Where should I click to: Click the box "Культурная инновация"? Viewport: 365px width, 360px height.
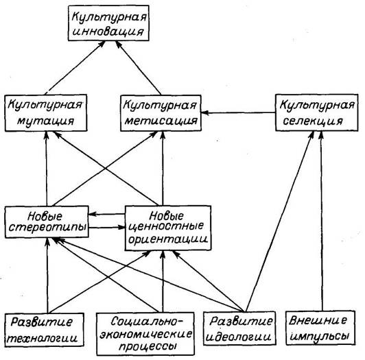tap(108, 23)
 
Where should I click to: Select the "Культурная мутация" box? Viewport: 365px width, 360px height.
tap(46, 113)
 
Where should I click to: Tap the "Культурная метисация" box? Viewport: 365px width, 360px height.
tap(161, 113)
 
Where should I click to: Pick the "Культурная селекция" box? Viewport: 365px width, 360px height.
tap(317, 112)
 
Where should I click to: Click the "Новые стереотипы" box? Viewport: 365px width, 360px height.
tap(47, 221)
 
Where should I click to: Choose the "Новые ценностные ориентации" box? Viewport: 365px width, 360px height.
tap(168, 228)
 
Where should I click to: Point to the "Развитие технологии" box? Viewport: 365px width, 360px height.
tap(44, 330)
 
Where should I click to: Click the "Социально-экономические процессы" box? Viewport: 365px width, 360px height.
tap(145, 334)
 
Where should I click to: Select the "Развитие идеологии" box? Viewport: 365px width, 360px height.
tap(239, 328)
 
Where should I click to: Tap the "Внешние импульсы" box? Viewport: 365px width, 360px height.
tap(320, 328)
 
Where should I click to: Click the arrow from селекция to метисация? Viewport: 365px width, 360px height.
tap(238, 113)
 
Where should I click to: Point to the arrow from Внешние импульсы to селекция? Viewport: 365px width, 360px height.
tap(322, 221)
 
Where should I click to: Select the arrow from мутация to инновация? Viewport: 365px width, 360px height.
tap(75, 67)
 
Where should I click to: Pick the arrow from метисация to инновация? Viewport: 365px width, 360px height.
tap(139, 68)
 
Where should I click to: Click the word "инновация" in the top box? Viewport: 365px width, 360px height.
tap(108, 32)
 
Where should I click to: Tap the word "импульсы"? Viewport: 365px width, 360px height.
tap(320, 335)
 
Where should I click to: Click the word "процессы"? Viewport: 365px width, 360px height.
tap(147, 346)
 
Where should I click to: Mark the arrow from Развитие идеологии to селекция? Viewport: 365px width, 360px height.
tap(279, 221)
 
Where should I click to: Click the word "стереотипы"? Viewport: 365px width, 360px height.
tap(47, 228)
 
